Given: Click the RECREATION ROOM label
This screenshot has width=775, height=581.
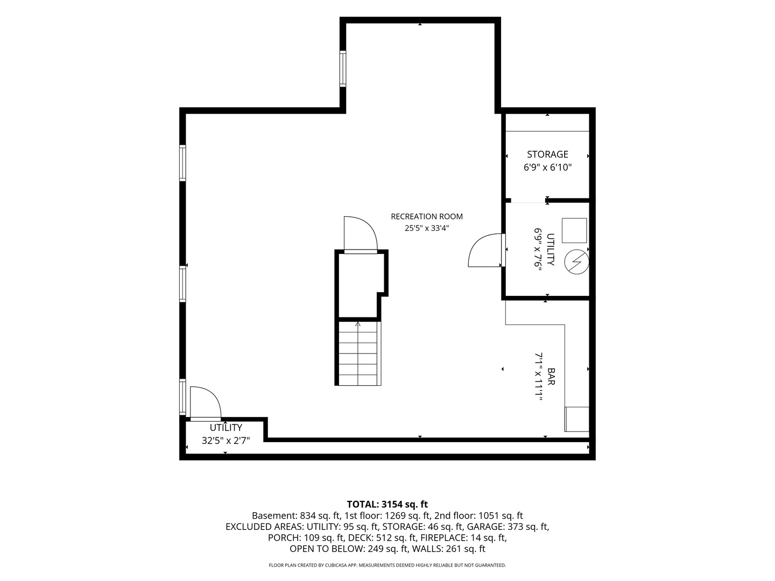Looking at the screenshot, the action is click(x=426, y=217).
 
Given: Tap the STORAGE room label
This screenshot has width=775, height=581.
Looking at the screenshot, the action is click(x=547, y=154).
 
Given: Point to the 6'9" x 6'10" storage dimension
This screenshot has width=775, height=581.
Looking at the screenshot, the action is click(x=547, y=167).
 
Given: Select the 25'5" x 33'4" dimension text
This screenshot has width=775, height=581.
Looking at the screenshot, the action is click(x=426, y=228).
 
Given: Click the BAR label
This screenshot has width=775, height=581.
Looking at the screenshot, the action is click(x=551, y=377).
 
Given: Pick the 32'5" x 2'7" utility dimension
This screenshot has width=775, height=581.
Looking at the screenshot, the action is click(x=226, y=441).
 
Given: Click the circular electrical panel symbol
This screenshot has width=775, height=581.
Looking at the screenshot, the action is click(x=576, y=262).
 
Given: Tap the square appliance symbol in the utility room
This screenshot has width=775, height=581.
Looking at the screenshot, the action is click(x=574, y=230).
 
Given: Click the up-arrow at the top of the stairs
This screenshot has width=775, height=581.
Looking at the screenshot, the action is click(x=358, y=324).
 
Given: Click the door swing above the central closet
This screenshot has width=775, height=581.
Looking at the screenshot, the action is click(x=361, y=233).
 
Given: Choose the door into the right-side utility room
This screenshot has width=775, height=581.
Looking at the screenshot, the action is click(x=485, y=250).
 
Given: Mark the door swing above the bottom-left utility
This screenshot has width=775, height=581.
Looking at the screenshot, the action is click(x=206, y=402).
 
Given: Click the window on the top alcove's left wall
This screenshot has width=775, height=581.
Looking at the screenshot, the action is click(x=342, y=68).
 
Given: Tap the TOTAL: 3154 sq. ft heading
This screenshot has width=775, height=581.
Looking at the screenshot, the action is click(x=387, y=504).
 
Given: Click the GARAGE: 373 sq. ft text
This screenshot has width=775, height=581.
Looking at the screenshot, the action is click(x=508, y=527).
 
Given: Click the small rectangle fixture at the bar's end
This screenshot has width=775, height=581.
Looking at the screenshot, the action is click(x=577, y=419).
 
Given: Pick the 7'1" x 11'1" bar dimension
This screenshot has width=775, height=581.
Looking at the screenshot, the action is click(x=538, y=377).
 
